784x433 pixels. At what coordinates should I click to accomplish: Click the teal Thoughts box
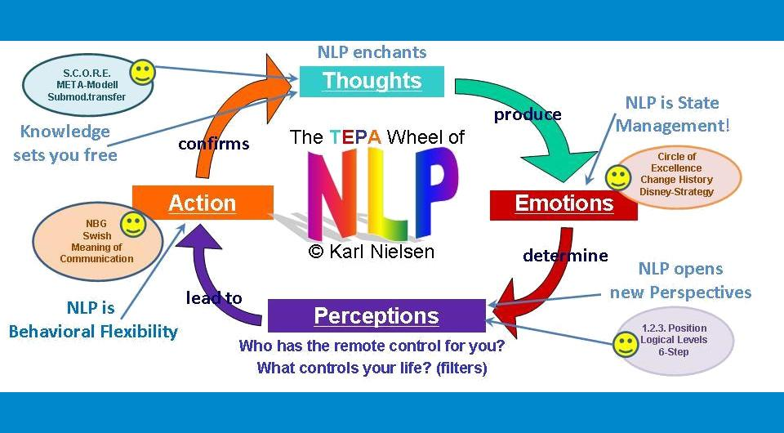372,81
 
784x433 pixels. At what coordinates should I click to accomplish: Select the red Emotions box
563,203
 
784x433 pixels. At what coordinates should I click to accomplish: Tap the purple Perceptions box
376,316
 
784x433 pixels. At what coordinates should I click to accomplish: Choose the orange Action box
202,203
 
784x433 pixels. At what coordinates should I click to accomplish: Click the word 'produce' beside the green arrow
528,114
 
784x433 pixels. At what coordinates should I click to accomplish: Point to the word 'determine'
565,256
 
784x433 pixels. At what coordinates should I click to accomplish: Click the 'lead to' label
214,297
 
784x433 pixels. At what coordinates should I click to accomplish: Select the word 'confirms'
213,145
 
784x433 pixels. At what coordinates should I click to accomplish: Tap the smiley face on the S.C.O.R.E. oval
143,72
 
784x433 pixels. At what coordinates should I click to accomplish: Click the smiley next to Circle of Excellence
617,177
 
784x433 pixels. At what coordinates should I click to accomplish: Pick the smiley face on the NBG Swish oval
132,224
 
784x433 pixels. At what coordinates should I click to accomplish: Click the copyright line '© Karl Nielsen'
372,252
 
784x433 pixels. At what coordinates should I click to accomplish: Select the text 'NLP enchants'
372,52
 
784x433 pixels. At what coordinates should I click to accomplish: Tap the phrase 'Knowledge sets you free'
65,143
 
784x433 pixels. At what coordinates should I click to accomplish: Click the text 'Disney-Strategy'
676,192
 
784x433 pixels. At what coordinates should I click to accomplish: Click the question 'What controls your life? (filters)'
372,368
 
